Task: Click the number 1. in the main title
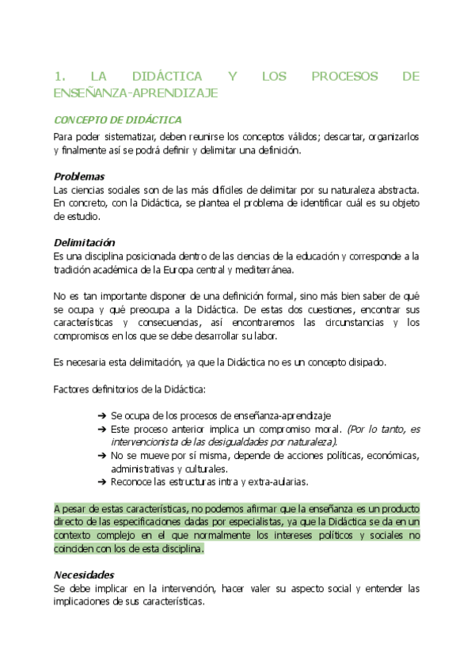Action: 59,77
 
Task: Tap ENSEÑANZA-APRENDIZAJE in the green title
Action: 135,93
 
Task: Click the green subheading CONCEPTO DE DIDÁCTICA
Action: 117,120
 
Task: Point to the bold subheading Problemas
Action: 79,176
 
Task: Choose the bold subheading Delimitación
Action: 84,242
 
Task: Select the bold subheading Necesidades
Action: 84,574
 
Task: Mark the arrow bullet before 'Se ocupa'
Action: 101,415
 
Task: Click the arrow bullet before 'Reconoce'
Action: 101,480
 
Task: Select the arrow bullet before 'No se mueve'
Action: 101,455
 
